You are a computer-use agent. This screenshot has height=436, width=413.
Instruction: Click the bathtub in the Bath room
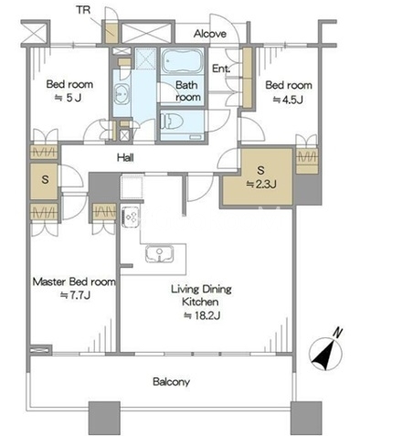(x=182, y=60)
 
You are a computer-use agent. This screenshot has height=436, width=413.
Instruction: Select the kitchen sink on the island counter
(x=159, y=253)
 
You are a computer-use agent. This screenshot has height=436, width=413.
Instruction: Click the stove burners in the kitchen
(x=131, y=217)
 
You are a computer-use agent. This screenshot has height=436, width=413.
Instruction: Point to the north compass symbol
(x=325, y=354)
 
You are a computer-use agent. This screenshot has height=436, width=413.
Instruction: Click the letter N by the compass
(x=337, y=333)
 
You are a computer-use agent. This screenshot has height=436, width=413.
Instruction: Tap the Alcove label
(x=210, y=34)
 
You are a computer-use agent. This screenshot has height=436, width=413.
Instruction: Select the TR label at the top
(x=83, y=10)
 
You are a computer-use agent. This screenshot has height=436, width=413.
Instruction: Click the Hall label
(x=125, y=157)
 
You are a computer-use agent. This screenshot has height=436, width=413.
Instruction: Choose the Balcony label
(x=171, y=381)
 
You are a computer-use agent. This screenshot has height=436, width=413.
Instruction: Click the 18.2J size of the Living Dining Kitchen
(x=202, y=315)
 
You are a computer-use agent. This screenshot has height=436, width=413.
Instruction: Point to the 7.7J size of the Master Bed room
(x=75, y=295)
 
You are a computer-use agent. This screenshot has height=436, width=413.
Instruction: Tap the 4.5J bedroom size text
(x=288, y=100)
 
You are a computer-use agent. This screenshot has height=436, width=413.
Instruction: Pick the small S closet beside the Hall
(x=45, y=181)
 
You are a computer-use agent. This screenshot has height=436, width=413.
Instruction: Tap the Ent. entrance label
(x=221, y=69)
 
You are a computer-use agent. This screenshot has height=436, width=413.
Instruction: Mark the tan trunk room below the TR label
(x=111, y=33)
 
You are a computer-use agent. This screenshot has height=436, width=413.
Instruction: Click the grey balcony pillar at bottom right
(x=306, y=418)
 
